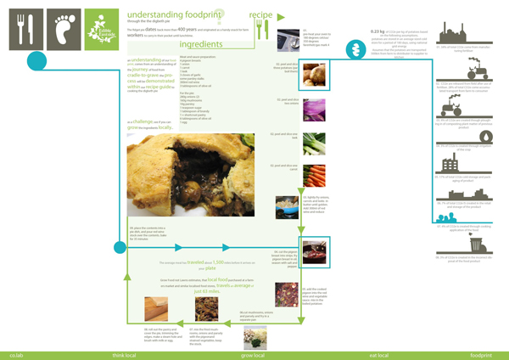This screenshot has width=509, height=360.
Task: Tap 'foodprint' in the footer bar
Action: (x=481, y=353)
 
